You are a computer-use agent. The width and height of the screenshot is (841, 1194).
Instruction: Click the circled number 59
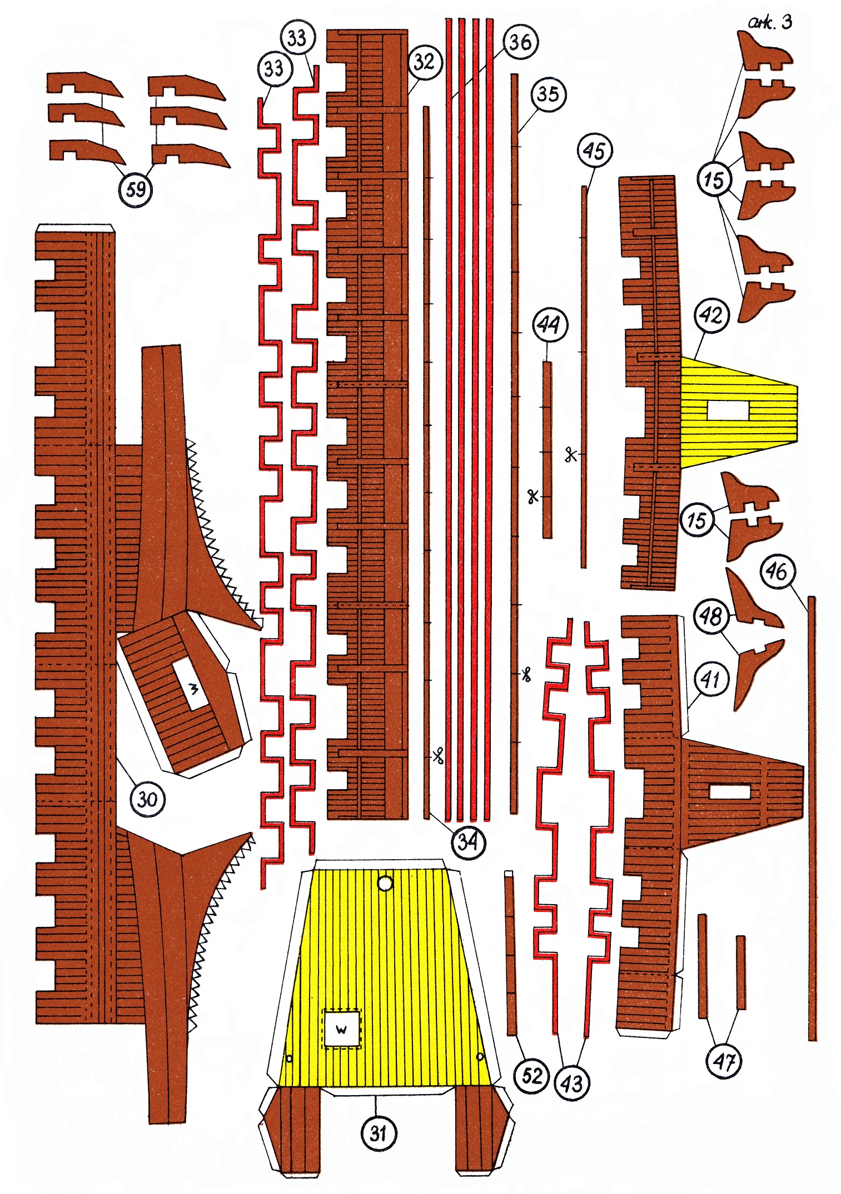(136, 190)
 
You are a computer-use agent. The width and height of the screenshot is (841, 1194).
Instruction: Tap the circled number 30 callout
(147, 799)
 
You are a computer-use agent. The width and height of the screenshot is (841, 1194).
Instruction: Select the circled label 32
(424, 62)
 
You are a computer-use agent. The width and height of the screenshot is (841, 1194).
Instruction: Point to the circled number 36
(520, 42)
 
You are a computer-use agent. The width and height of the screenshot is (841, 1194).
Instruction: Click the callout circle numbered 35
(548, 94)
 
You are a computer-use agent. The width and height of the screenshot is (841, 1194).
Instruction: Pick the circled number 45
(594, 150)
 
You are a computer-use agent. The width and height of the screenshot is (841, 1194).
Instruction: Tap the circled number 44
(550, 325)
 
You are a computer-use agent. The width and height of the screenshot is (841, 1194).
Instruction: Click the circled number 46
(777, 570)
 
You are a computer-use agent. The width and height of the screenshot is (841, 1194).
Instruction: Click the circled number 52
(531, 1075)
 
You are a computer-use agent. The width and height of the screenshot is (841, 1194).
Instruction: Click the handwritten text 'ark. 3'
(770, 22)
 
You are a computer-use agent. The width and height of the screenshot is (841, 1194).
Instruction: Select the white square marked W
(341, 1029)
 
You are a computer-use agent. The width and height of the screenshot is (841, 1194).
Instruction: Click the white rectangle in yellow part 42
(728, 410)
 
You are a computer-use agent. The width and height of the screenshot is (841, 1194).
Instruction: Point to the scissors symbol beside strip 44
(533, 496)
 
